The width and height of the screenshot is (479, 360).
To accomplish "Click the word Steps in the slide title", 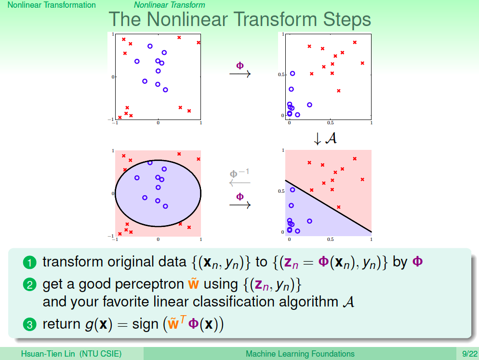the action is coord(347,20).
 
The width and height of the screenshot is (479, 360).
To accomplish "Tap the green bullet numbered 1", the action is coord(29,263).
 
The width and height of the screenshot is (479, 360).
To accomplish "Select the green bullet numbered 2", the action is coord(29,285).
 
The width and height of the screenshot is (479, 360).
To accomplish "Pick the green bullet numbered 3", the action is coord(29,324).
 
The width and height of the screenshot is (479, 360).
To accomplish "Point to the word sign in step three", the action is coord(145,324).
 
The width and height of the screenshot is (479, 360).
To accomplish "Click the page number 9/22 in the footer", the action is coord(469,354).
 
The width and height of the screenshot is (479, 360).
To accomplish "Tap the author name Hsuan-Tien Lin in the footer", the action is coord(48,354).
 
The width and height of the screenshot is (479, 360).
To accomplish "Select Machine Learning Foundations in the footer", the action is coord(300,354).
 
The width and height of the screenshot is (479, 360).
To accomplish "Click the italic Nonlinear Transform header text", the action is coord(170,5).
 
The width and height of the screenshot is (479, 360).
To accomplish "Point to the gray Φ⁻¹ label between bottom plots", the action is coord(239,173).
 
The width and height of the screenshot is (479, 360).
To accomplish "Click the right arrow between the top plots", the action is coord(240,74).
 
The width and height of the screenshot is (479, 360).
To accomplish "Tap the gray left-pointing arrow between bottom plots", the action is coord(240,183).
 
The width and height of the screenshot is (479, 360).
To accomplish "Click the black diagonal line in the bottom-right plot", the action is coord(328,206).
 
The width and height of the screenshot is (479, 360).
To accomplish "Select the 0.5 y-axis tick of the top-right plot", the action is coord(281,75).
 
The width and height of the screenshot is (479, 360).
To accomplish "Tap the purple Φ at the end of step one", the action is coord(418,262).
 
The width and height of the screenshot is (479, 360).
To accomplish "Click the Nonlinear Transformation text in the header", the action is coord(52,5).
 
